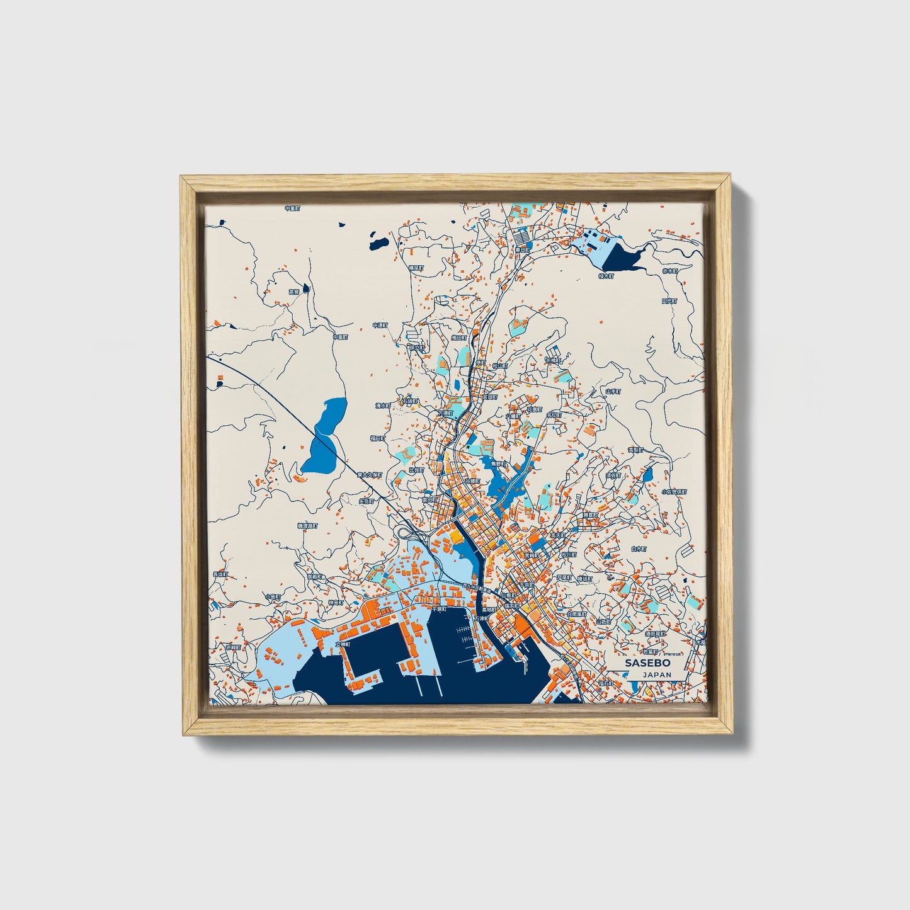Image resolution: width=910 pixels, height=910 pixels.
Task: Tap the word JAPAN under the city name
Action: click(x=657, y=674)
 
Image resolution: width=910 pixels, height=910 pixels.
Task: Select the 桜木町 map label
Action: click(x=605, y=276)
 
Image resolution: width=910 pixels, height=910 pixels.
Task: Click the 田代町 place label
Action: click(x=668, y=302)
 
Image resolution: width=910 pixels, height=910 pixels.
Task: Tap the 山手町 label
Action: click(x=613, y=391)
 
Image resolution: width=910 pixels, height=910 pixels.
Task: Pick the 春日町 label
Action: click(x=521, y=250)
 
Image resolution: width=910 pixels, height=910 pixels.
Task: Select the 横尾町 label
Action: click(x=416, y=268)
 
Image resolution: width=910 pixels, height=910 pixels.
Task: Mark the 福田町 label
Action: click(x=377, y=438)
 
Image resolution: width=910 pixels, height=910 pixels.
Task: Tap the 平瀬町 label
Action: click(x=438, y=610)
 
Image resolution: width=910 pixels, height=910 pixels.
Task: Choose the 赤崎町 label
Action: click(x=233, y=647)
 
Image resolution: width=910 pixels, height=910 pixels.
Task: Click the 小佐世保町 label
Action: click(x=673, y=492)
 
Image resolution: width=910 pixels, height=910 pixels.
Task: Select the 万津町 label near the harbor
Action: click(x=481, y=618)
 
